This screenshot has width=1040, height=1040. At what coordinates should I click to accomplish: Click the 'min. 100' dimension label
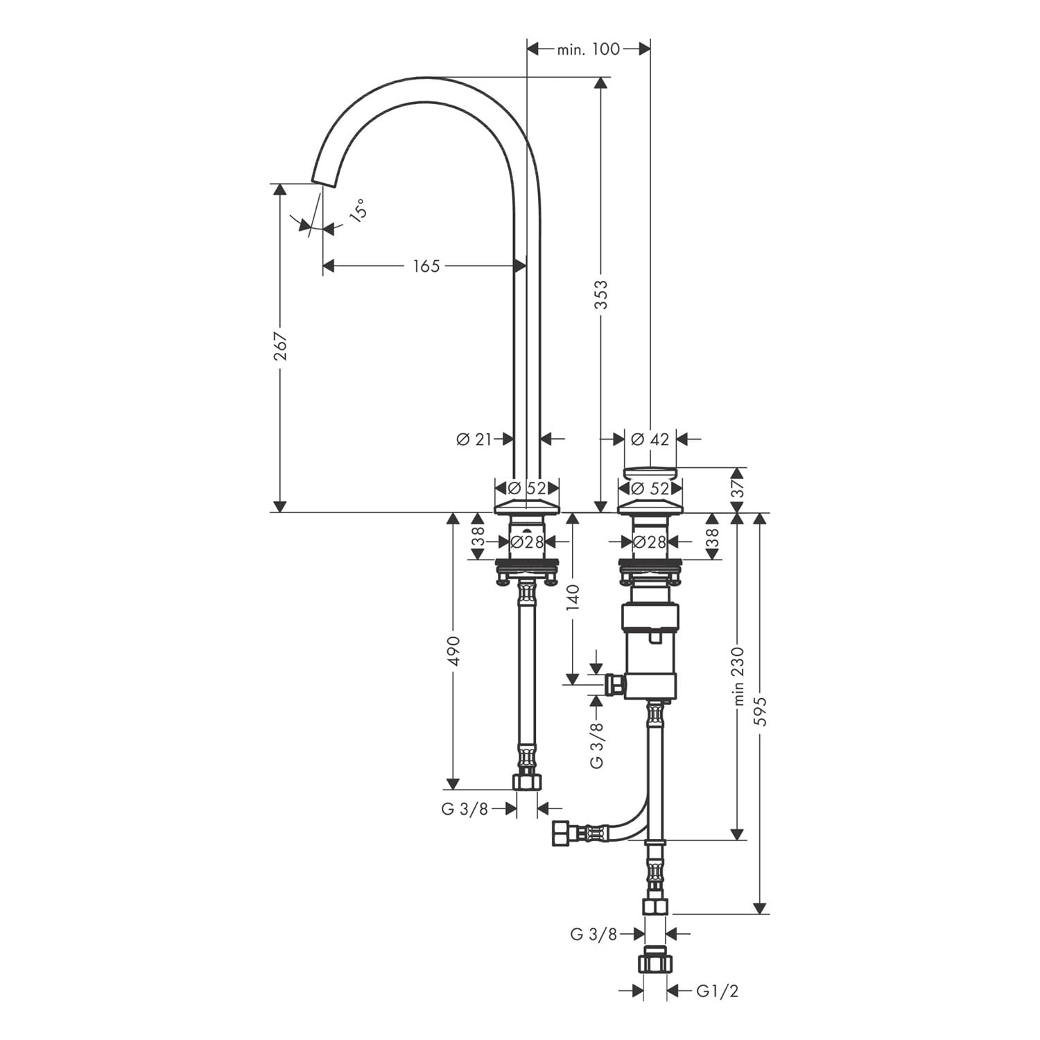588,49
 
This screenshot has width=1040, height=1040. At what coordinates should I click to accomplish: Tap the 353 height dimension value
601,294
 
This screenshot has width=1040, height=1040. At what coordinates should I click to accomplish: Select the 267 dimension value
279,346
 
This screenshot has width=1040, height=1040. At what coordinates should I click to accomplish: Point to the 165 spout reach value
426,266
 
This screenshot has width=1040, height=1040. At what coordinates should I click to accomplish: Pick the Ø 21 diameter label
474,439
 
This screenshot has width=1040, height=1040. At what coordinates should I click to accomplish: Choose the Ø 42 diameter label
650,439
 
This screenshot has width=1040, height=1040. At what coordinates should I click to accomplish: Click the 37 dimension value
738,489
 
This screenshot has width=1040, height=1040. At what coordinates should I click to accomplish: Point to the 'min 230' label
737,676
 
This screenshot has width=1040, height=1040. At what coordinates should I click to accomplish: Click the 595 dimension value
761,711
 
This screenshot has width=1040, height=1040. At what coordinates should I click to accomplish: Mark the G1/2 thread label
718,991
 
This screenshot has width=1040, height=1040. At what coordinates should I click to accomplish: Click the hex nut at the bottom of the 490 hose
527,782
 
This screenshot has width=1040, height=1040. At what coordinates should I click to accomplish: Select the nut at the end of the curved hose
560,833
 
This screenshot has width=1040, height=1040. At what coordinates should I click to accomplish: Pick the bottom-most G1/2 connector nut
655,962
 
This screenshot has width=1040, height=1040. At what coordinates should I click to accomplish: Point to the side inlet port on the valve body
614,685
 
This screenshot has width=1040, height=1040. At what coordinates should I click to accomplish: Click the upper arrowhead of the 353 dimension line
601,83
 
